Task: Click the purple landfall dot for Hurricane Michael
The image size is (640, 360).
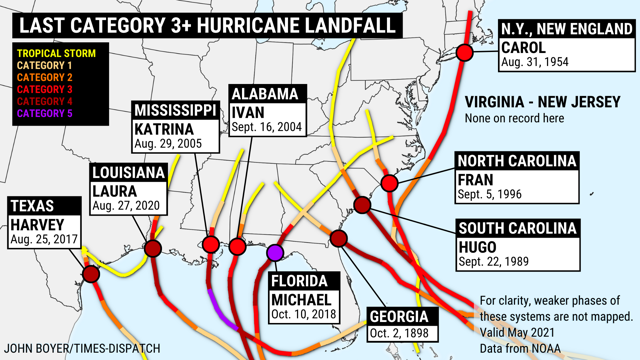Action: coord(275,252)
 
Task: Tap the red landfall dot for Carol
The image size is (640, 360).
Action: coord(464,53)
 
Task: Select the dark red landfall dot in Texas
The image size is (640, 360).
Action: coord(91,273)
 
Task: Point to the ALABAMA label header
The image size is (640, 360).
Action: coord(264,94)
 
